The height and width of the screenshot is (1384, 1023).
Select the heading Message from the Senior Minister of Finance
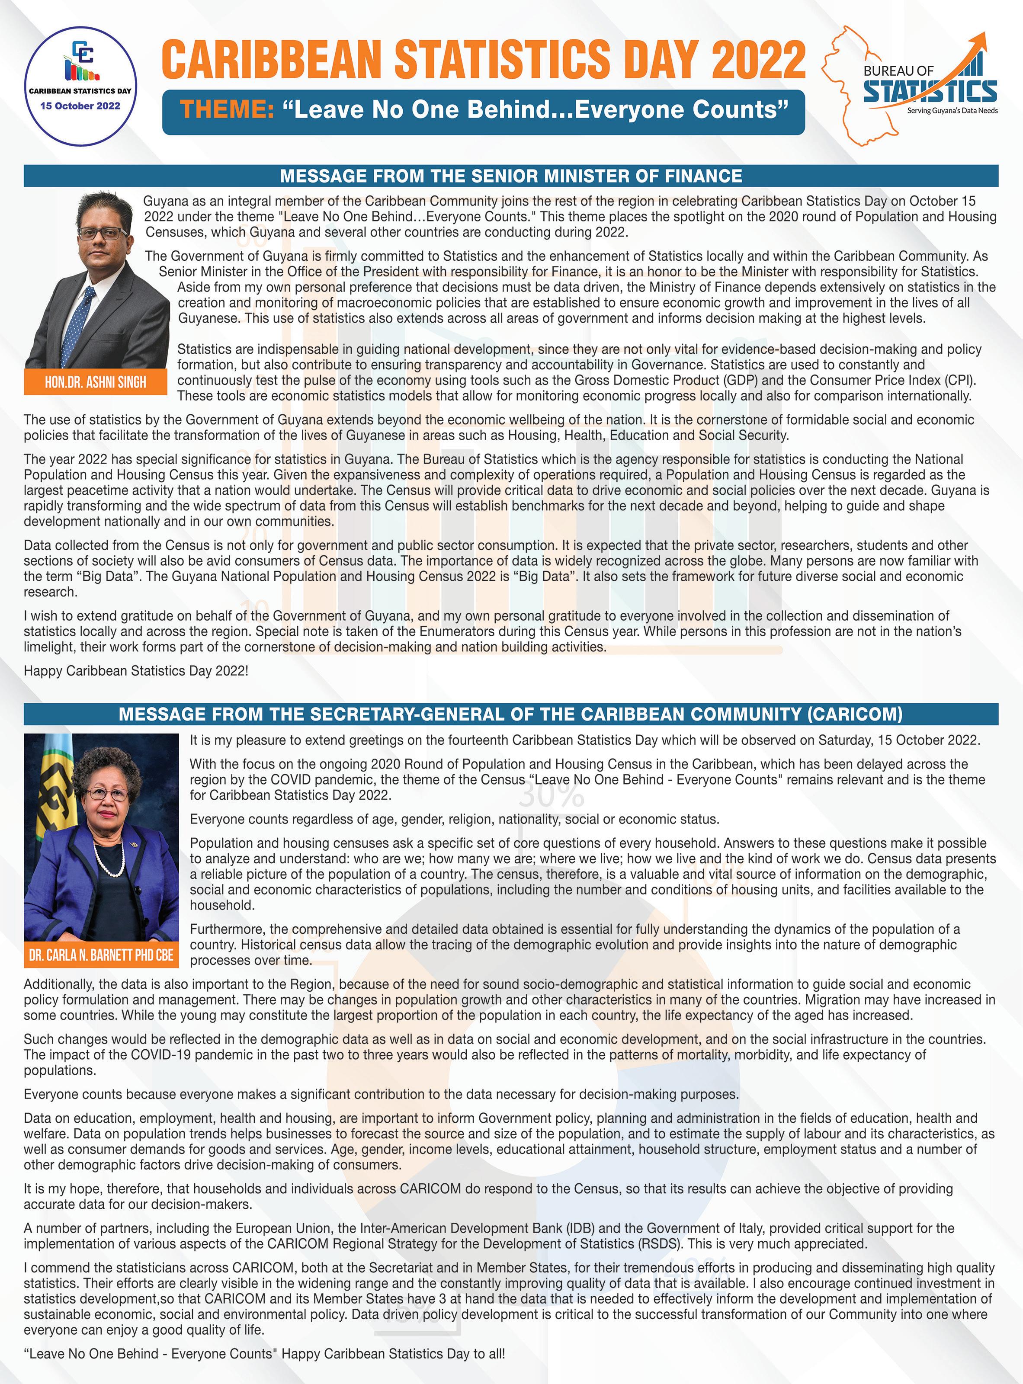511,176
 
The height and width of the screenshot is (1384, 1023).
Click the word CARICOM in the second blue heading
855,714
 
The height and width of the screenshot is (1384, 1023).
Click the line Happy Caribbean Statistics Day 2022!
136,671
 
